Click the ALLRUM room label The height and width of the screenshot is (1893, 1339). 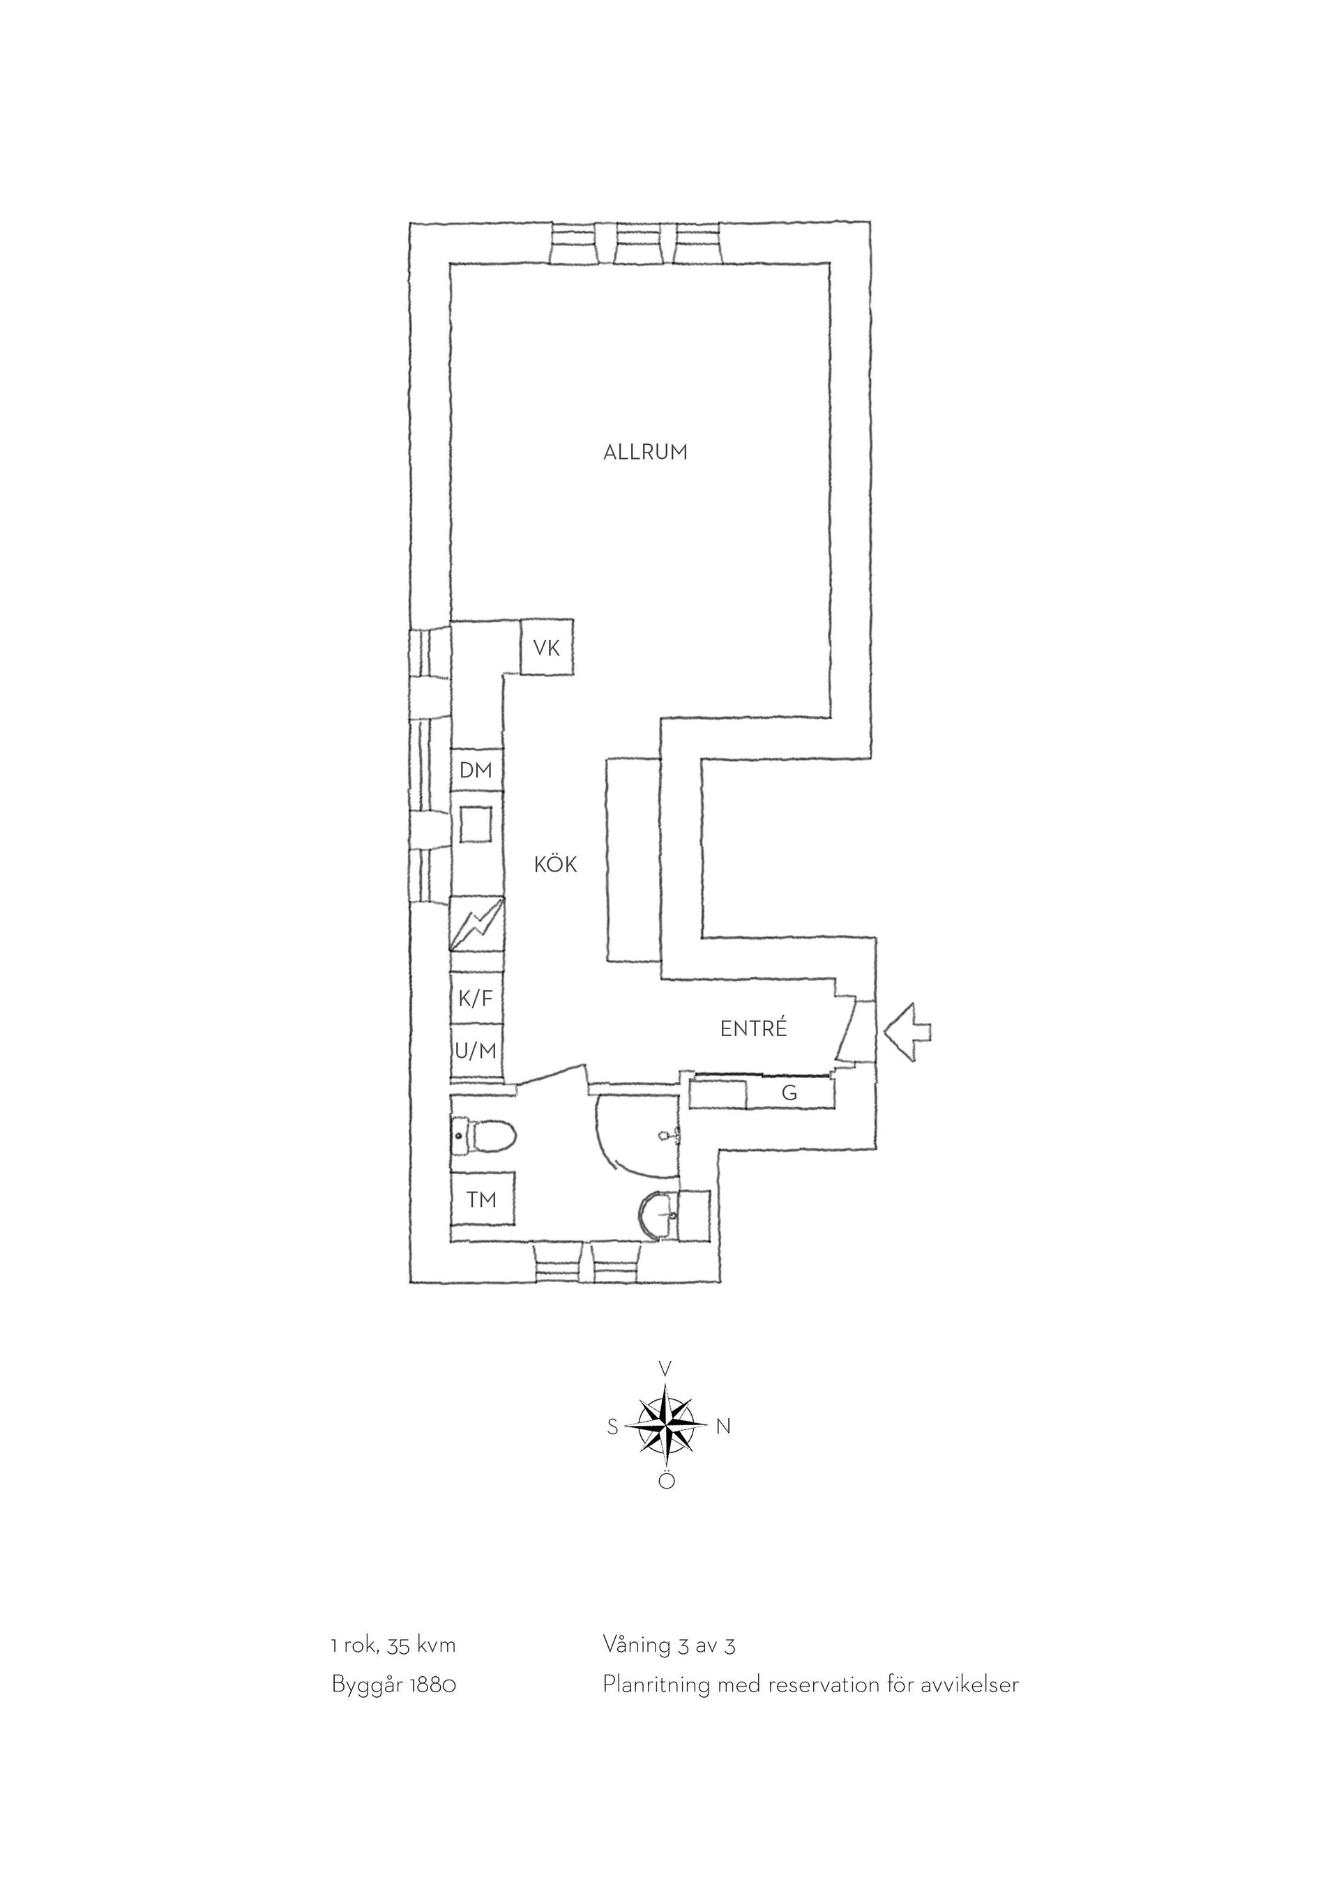click(646, 453)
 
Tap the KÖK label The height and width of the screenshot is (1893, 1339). click(556, 864)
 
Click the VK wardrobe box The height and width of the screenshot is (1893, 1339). click(547, 648)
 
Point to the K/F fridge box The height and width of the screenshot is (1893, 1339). click(476, 999)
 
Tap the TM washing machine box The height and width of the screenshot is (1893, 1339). click(483, 1200)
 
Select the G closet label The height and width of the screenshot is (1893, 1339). click(790, 1093)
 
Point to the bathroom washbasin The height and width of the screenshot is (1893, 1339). click(659, 1215)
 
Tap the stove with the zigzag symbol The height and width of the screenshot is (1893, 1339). click(476, 925)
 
